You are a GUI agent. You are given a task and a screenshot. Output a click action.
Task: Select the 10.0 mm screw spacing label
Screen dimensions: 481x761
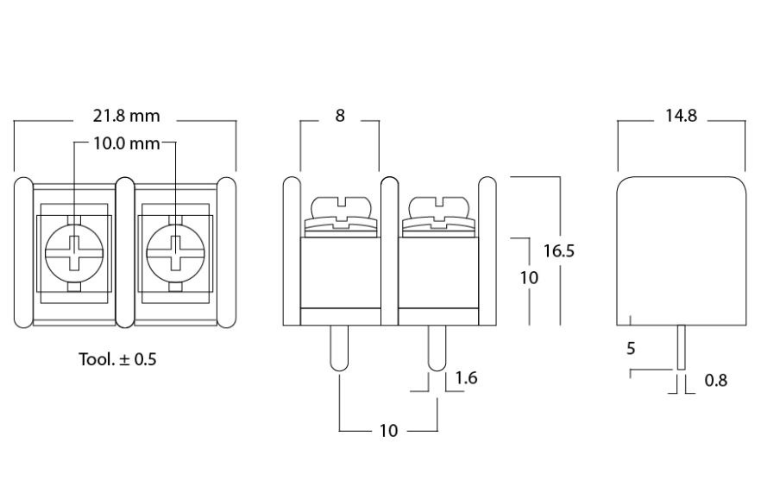[x=126, y=143]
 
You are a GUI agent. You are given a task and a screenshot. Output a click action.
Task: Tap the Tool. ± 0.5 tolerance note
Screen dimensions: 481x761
[x=118, y=359]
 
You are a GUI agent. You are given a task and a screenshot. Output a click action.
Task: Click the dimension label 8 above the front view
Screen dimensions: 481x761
[x=340, y=116]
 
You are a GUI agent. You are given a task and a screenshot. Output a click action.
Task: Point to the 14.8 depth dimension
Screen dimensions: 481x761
[x=681, y=116]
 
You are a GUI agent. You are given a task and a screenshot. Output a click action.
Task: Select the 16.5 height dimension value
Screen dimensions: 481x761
[x=559, y=250]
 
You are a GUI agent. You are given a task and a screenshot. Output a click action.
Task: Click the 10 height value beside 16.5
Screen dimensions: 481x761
[x=530, y=278]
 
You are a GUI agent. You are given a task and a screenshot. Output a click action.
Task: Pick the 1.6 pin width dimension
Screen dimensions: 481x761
[x=465, y=378]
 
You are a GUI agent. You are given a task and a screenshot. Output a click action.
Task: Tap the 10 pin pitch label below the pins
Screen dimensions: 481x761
[x=388, y=430]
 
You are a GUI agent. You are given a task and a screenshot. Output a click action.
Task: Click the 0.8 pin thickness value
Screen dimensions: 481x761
[x=715, y=380]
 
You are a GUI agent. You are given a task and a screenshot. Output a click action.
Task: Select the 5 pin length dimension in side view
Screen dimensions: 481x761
[x=631, y=349]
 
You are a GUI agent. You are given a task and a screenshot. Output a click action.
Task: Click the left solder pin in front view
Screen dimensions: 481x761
[x=340, y=349]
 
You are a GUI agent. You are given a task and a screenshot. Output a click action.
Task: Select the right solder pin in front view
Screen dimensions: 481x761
[x=438, y=349]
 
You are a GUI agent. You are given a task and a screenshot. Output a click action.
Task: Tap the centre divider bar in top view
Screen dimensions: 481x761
[x=124, y=252]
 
